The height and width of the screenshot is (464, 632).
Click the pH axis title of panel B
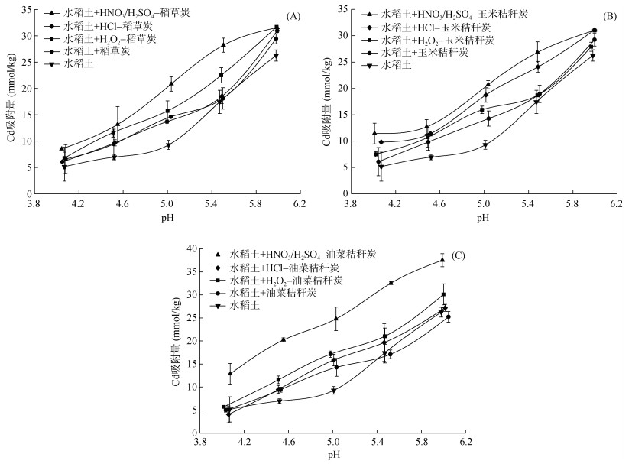click(483, 219)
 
